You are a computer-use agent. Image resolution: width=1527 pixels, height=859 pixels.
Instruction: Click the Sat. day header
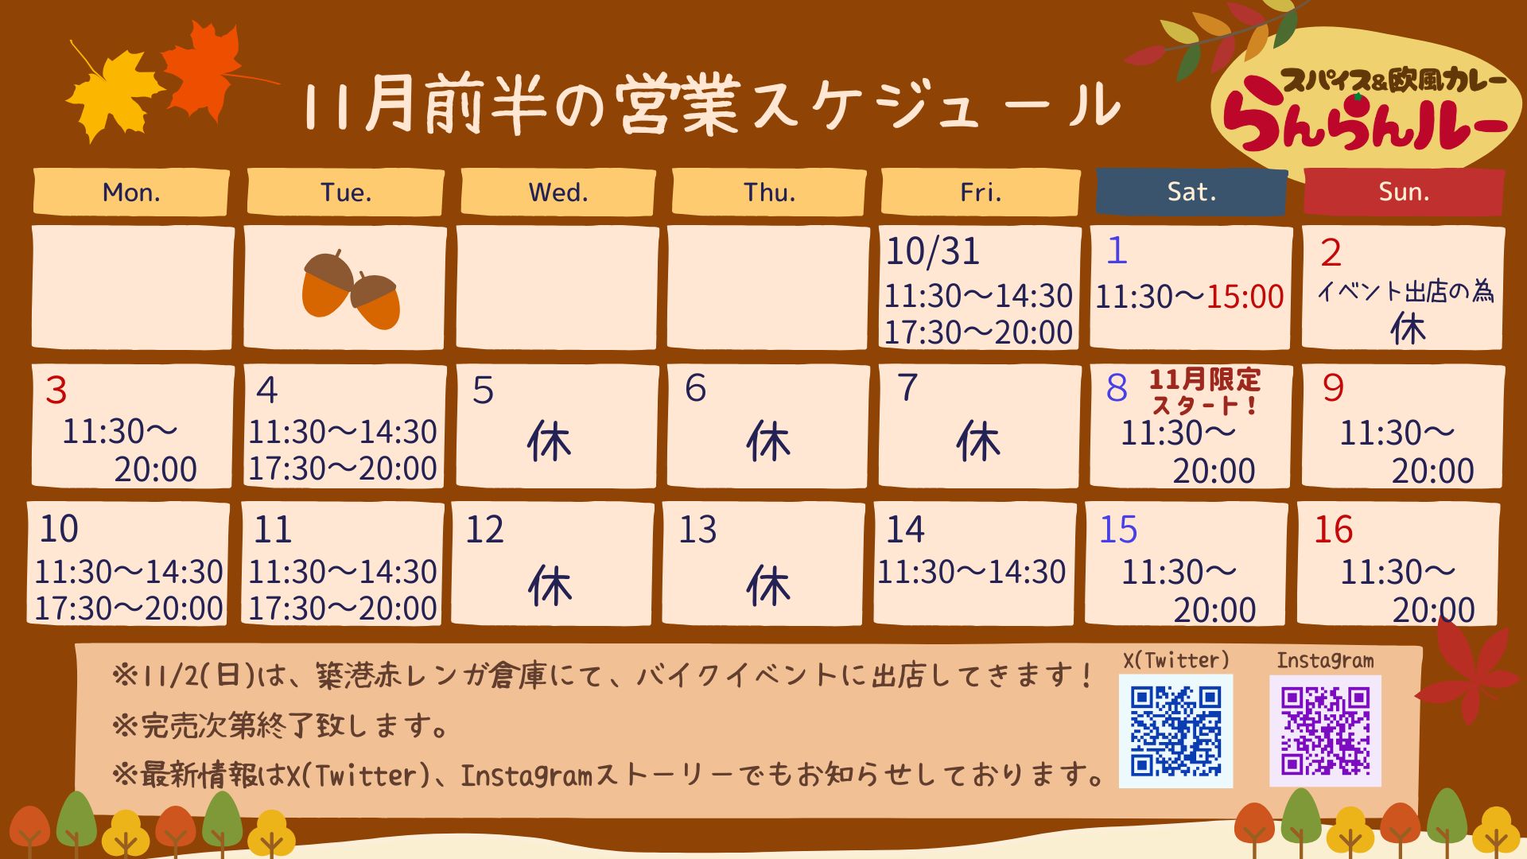pyautogui.click(x=1191, y=192)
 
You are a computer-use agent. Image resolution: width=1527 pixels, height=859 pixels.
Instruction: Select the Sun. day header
pyautogui.click(x=1404, y=192)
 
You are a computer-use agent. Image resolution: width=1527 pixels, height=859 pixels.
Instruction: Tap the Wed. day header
pyautogui.click(x=558, y=192)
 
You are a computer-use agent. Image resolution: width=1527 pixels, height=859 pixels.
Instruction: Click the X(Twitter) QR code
pyautogui.click(x=1175, y=731)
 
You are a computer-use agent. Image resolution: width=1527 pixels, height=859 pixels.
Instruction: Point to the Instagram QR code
pyautogui.click(x=1325, y=731)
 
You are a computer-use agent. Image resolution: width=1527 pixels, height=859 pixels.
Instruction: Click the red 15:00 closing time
pyautogui.click(x=1245, y=297)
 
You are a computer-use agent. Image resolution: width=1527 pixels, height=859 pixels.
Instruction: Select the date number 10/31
pyautogui.click(x=933, y=251)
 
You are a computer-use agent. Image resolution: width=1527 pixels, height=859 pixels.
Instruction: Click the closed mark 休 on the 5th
pyautogui.click(x=549, y=441)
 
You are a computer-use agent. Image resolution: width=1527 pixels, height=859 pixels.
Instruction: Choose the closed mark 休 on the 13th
pyautogui.click(x=768, y=586)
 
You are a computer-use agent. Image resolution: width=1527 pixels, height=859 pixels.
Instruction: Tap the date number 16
pyautogui.click(x=1334, y=530)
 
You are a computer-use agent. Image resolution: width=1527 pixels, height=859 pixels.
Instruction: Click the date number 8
pyautogui.click(x=1117, y=388)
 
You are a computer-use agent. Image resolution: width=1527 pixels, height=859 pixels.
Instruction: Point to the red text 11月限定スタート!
pyautogui.click(x=1205, y=391)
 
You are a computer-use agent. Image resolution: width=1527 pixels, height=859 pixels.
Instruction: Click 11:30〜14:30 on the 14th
pyautogui.click(x=971, y=572)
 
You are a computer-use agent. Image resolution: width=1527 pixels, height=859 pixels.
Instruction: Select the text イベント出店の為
pyautogui.click(x=1405, y=292)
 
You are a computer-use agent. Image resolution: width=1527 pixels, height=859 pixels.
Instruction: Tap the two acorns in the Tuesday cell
pyautogui.click(x=351, y=289)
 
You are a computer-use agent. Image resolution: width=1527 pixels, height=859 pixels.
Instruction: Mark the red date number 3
pyautogui.click(x=56, y=390)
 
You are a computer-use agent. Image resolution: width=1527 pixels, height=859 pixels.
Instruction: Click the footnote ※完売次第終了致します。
pyautogui.click(x=281, y=725)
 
